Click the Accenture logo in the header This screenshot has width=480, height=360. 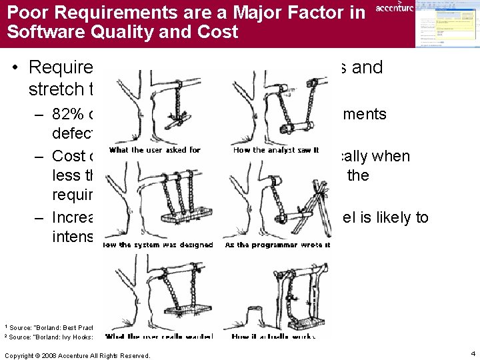pos(394,8)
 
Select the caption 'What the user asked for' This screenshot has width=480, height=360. pos(155,150)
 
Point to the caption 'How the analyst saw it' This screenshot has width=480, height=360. pos(276,150)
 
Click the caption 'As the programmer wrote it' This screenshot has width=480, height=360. pos(279,245)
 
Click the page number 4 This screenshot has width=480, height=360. pos(471,353)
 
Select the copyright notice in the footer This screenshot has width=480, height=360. pos(77,355)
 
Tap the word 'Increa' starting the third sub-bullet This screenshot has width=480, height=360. pos(77,217)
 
